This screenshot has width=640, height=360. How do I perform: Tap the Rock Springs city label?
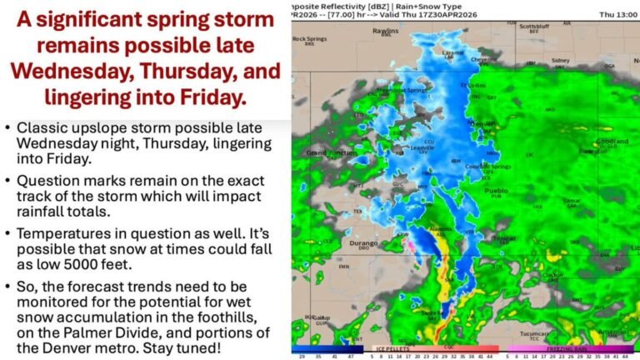[310, 38]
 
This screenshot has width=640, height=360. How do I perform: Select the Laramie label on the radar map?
[453, 52]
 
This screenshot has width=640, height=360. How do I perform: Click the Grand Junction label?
[320, 152]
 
